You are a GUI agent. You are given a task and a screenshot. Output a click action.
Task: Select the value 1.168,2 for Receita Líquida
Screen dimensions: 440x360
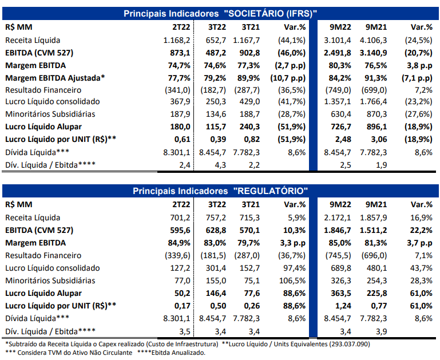[177, 41]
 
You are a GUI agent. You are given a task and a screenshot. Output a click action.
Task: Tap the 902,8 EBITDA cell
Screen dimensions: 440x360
[249, 53]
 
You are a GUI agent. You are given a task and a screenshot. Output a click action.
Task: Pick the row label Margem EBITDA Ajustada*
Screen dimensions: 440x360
[55, 78]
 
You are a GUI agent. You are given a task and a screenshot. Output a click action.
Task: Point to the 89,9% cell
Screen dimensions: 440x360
[249, 78]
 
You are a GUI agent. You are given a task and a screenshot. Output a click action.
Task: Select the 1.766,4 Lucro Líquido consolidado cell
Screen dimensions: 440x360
[373, 101]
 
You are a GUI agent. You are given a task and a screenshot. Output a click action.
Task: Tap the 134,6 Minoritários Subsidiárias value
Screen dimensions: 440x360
[216, 114]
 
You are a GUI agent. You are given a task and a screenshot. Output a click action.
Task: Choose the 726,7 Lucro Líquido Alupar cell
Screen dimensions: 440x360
[340, 127]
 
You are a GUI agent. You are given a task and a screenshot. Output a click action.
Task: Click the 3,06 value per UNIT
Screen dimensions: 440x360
[379, 140]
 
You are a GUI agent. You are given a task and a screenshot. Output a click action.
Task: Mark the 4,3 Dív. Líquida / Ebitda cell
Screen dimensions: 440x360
[220, 165]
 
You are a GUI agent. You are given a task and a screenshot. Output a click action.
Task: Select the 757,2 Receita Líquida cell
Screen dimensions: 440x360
[216, 217]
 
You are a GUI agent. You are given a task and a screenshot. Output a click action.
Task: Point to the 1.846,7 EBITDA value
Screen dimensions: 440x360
[338, 231]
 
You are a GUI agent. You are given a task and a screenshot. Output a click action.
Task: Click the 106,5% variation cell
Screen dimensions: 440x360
[292, 280]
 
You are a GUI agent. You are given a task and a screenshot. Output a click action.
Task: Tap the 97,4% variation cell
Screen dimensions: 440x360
[294, 268]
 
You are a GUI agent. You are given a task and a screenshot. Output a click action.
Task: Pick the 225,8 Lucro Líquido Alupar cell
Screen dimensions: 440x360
[376, 293]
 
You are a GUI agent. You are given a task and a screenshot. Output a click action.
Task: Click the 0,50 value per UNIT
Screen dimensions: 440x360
[218, 306]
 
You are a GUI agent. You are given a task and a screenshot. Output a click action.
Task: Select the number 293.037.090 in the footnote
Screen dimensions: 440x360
[350, 344]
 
